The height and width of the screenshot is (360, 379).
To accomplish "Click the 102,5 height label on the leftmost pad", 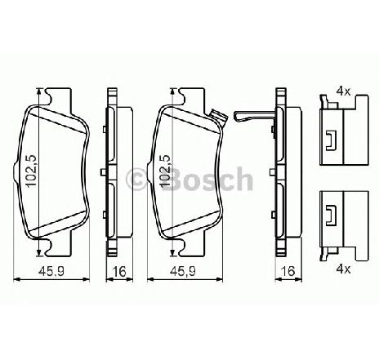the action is tap(31, 171).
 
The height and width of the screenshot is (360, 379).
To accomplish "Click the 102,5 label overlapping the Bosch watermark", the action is tap(165, 171).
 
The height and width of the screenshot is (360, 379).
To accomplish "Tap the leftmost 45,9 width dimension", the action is tap(51, 271).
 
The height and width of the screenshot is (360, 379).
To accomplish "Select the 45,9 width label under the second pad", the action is tap(183, 271).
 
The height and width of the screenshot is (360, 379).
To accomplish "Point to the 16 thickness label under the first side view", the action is tap(119, 271).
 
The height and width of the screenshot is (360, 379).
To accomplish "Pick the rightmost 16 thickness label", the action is tap(288, 271).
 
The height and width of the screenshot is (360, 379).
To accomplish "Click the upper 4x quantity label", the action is tap(343, 91).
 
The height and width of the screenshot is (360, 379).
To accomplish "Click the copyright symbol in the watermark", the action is tap(137, 179).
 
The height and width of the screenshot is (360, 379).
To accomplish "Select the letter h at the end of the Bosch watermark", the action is tap(243, 179).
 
